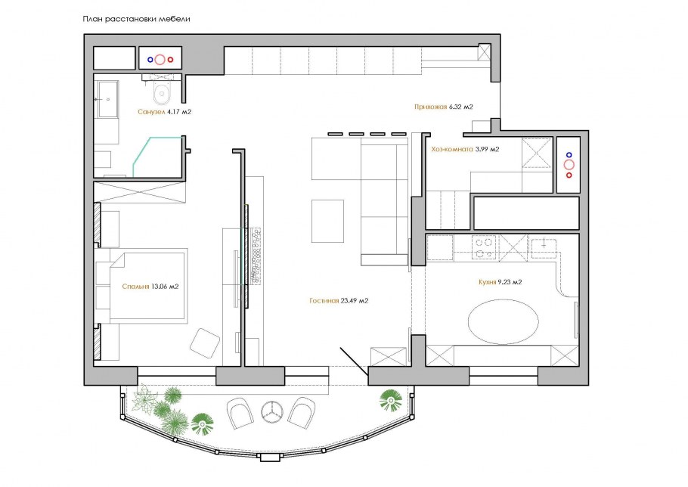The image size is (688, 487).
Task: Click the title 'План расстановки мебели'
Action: pos(136,20)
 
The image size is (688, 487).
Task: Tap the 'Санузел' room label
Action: pos(151,112)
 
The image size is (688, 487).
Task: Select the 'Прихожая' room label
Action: pos(430,107)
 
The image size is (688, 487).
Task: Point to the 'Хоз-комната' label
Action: pos(452,149)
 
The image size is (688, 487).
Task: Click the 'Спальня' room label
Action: pos(135,287)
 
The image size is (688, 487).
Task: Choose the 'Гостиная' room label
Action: pos(324,301)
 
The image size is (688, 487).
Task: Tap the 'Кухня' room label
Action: pos(488,282)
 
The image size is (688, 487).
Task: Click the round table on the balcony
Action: pos(271,411)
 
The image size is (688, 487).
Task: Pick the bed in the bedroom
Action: pos(148,286)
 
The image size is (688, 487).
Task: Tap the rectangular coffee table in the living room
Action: pos(328,221)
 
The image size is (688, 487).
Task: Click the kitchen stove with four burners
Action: pos(484,247)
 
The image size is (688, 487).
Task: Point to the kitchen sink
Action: pos(544,247)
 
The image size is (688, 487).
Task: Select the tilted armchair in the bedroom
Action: pos(205,343)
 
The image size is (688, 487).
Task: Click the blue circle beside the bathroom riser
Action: pos(150,59)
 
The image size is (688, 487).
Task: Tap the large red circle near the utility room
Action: pos(569,165)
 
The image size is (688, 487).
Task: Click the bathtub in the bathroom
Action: pos(107,99)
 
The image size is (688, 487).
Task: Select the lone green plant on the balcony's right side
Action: pos(391,401)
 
